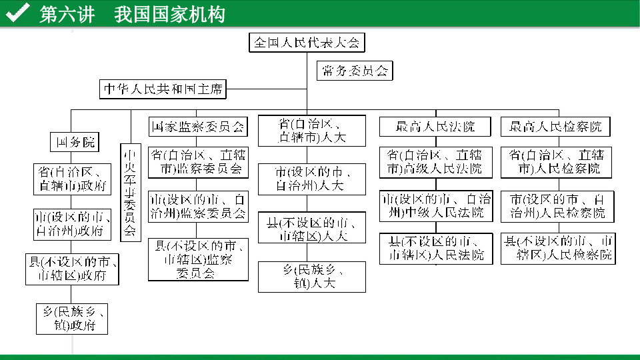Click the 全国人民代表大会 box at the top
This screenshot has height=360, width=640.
point(307,43)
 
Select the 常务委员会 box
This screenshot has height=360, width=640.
point(355,71)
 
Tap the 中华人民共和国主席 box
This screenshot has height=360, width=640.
point(163,89)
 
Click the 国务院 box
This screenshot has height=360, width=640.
point(75,142)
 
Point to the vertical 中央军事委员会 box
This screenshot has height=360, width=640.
point(129,192)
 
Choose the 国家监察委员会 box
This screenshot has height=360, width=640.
point(197,126)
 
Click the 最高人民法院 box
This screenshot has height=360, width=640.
point(436,127)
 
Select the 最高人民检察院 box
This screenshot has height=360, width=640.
point(556,127)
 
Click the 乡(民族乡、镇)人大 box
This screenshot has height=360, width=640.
point(311,277)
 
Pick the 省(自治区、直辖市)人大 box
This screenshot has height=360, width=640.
point(311,131)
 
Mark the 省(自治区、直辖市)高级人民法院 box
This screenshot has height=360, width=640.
point(436,162)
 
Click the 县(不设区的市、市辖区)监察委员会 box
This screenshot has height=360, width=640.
point(197,259)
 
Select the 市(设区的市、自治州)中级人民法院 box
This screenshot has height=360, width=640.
point(436,206)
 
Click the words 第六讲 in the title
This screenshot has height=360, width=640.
point(67,14)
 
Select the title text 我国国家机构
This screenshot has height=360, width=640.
point(169,14)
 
